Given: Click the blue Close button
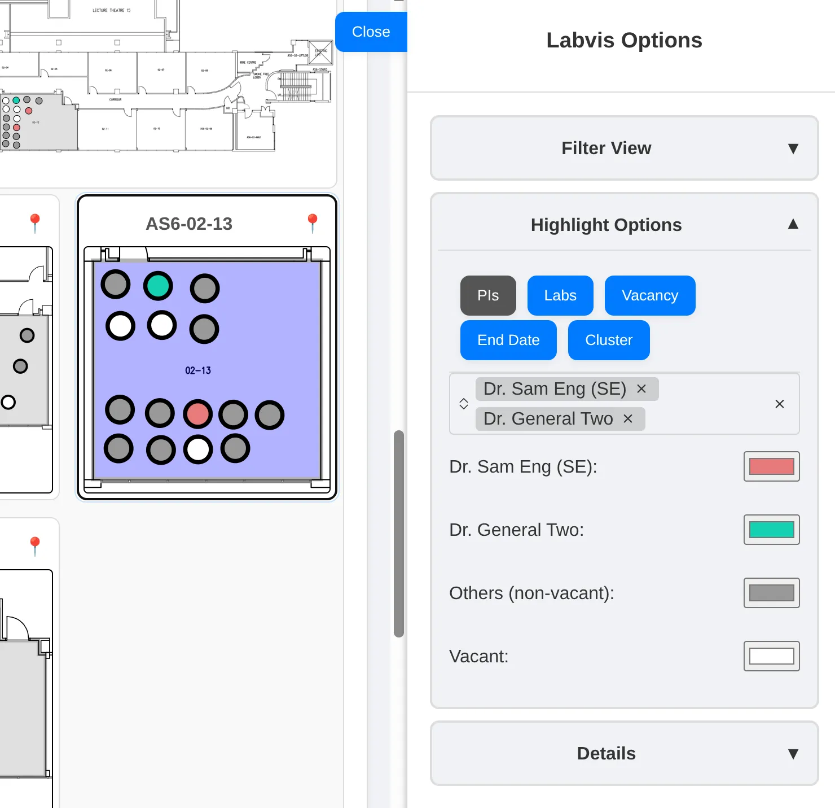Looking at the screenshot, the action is tap(371, 32).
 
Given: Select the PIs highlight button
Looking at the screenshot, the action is tap(488, 295).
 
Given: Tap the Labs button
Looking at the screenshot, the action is tap(560, 295).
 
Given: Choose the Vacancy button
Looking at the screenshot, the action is tap(650, 295).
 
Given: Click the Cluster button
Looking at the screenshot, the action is tap(609, 340).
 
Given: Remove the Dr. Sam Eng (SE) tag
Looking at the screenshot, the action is tap(641, 388).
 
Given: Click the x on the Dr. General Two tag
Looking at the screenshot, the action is tap(628, 418).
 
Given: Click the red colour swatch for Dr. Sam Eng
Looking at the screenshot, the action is tap(771, 466).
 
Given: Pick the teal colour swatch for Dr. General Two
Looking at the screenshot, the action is tap(771, 530).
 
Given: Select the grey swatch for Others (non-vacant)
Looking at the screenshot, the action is tap(771, 593).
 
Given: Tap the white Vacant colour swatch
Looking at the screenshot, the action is tap(771, 656).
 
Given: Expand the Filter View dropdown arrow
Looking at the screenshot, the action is tap(793, 149).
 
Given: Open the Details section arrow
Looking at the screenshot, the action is tap(793, 754).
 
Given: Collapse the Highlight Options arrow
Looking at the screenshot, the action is tap(793, 224).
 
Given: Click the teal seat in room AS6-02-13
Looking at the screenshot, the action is tap(158, 286).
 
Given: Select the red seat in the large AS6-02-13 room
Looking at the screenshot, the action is tap(197, 414).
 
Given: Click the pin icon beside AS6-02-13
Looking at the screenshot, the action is tap(313, 222).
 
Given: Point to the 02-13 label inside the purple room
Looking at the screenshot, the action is tap(198, 370).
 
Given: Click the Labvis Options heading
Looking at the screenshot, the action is tap(624, 40).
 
